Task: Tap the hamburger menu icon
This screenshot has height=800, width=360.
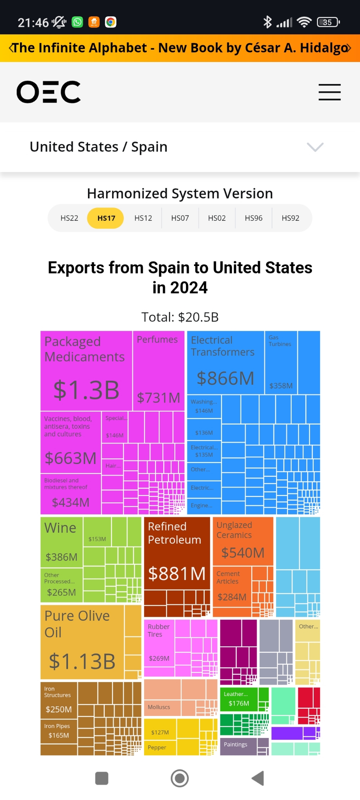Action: pyautogui.click(x=330, y=92)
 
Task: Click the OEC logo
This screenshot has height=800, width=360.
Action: pyautogui.click(x=48, y=92)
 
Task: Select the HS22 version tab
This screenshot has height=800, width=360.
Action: pyautogui.click(x=69, y=218)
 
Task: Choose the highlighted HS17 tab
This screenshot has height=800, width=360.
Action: pyautogui.click(x=106, y=218)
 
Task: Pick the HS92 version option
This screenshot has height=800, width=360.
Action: pyautogui.click(x=290, y=218)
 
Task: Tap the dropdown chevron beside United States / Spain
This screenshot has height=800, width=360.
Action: pyautogui.click(x=315, y=147)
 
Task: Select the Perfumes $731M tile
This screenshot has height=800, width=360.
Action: pyautogui.click(x=158, y=370)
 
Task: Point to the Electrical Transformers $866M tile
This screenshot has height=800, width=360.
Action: pyautogui.click(x=225, y=362)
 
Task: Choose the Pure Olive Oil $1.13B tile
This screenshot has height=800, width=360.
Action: pyautogui.click(x=82, y=642)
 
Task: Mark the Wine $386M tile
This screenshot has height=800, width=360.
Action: pyautogui.click(x=61, y=542)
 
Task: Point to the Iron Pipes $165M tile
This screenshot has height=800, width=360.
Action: pyautogui.click(x=58, y=731)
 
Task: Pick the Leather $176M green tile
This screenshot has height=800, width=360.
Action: pyautogui.click(x=238, y=699)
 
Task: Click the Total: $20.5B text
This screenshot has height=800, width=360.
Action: pyautogui.click(x=180, y=317)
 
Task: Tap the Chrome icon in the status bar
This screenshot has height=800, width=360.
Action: pyautogui.click(x=111, y=22)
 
